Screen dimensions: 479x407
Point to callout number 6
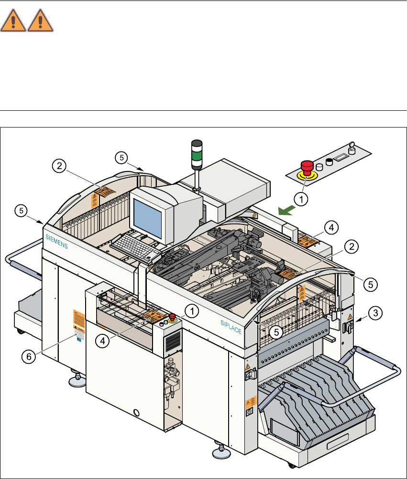point(30,356)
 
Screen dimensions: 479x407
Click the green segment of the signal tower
point(197,156)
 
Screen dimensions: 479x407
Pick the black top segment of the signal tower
point(197,144)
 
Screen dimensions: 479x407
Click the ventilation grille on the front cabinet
point(173,341)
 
